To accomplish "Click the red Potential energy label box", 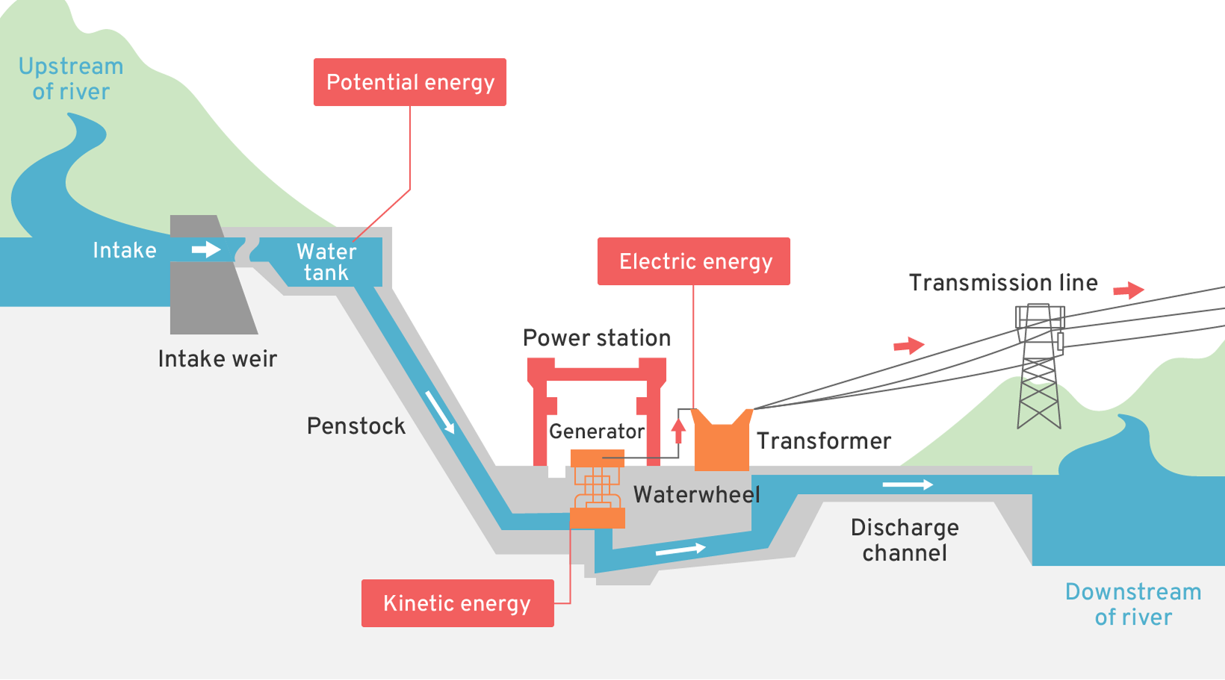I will pos(409,82).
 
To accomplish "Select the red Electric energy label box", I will pos(693,261).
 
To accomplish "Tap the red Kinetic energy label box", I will pos(457,603).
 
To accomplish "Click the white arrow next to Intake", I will pos(206,249).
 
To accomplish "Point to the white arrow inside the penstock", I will pos(440,411).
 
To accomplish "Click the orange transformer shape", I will pos(722,442).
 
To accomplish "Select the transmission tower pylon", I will pos(1039,366).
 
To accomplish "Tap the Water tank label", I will pos(326,262).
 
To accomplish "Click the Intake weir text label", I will pos(217,359).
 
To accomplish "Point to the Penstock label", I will pos(356,426).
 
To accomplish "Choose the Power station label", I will pos(597,338).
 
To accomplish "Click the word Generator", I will pos(596,431).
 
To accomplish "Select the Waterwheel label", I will pos(696,494).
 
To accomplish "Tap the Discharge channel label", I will pos(905,540).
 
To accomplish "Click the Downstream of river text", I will pos(1133,605).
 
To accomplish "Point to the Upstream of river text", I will pos(71,79).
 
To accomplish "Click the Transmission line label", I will pos(1003,283).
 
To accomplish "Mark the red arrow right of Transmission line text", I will pos(1129,290).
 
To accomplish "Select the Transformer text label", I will pos(824,441).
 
